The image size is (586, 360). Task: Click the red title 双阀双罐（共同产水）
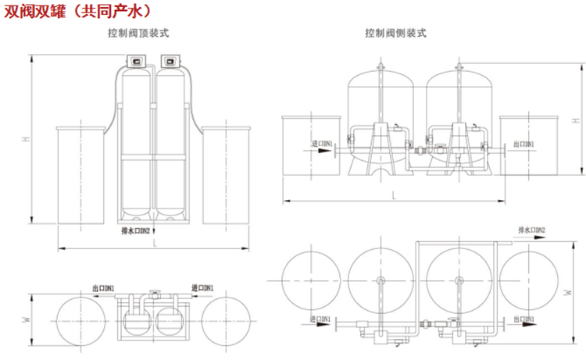coord(75,10)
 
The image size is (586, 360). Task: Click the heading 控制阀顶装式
coord(139,34)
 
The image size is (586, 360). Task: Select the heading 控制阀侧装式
coord(396,34)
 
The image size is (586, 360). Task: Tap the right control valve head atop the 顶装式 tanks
coord(170,60)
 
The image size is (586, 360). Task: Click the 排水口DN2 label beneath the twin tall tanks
coord(140,231)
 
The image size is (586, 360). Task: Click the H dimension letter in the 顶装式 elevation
coord(26,139)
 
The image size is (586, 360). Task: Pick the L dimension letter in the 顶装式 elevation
coord(155,244)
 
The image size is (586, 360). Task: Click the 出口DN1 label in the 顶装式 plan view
coord(103,289)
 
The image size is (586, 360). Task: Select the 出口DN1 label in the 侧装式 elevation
coord(524,144)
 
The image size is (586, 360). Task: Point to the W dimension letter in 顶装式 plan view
coord(26,319)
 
